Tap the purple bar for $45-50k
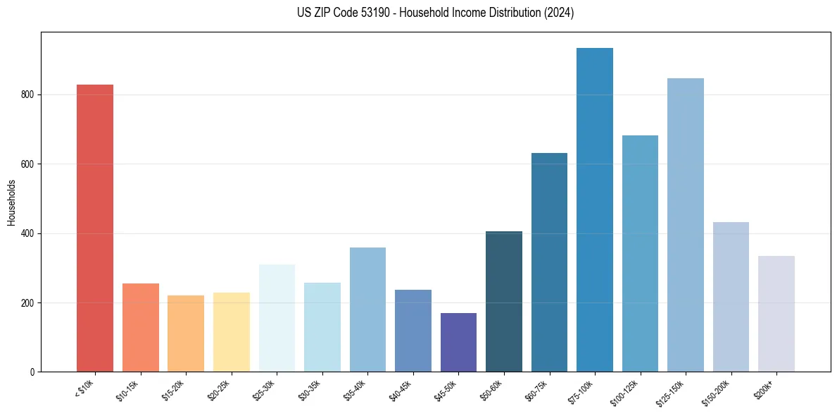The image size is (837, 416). (458, 342)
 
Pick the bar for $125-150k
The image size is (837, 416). (686, 225)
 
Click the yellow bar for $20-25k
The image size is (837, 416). (232, 332)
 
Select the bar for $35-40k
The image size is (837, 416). (367, 310)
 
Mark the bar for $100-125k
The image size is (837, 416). (640, 253)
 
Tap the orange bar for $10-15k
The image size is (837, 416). (141, 327)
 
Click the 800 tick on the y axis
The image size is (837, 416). (27, 94)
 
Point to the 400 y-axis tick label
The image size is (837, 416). (27, 233)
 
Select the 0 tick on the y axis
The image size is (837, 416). (32, 372)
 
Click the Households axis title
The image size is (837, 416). (11, 202)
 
